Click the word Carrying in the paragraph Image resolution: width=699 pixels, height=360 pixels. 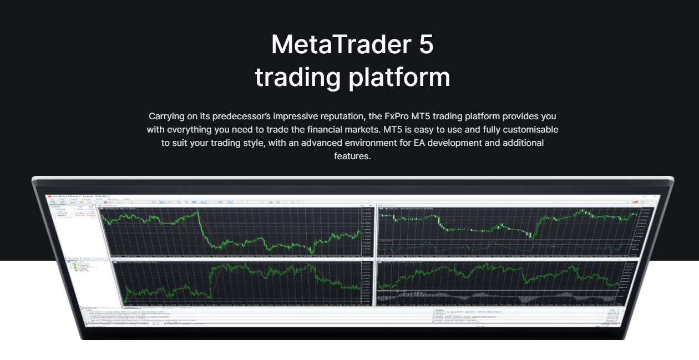167,116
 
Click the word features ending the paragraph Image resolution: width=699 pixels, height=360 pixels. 352,156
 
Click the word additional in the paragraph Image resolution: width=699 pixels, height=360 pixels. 524,143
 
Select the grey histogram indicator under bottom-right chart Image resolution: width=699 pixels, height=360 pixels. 499,297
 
